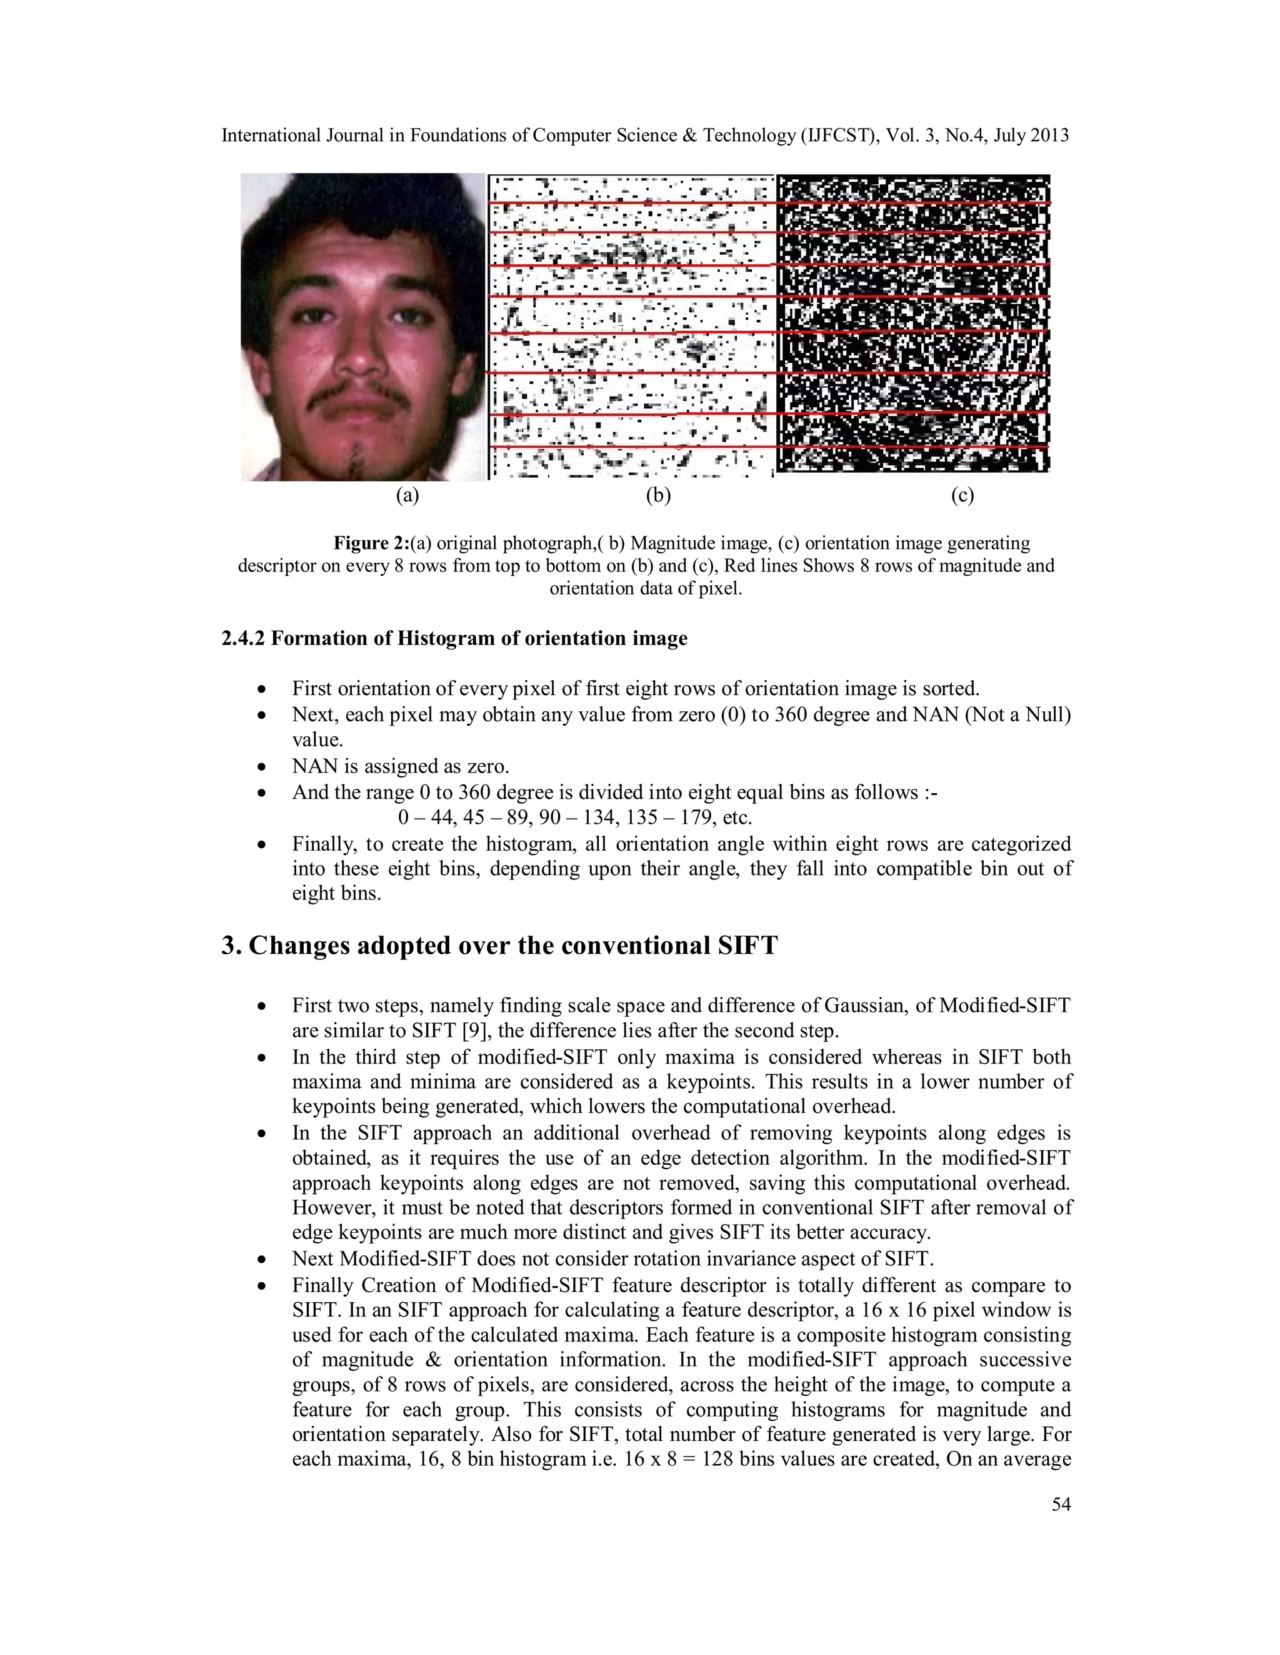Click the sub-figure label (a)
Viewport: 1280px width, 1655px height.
pos(407,496)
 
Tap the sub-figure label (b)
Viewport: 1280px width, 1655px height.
pos(657,496)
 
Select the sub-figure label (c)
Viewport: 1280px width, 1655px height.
pos(961,496)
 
